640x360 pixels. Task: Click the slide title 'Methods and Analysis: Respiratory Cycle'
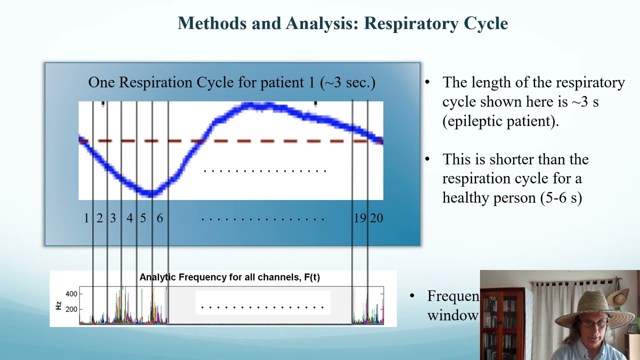click(342, 23)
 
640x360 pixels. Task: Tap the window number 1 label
click(86, 218)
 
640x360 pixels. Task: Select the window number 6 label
click(159, 218)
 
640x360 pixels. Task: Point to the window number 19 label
click(359, 218)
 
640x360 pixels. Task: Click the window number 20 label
click(376, 218)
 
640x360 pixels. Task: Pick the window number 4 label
click(129, 218)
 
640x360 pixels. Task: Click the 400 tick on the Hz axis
click(71, 294)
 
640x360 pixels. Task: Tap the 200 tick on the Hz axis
click(71, 309)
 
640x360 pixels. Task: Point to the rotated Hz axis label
click(58, 304)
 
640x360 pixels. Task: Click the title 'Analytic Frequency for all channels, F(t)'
click(229, 277)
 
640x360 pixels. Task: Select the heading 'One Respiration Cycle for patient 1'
click(231, 82)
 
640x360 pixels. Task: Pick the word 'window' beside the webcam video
click(452, 315)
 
